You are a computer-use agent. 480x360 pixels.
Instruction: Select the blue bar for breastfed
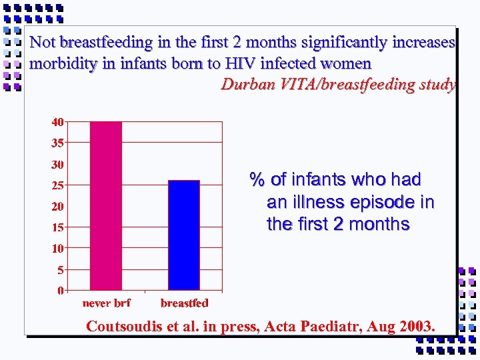coord(184,235)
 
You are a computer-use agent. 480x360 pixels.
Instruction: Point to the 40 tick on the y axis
coord(59,122)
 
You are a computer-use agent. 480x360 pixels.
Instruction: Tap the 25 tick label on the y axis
coord(59,185)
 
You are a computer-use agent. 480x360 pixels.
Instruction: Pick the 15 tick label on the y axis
coord(59,227)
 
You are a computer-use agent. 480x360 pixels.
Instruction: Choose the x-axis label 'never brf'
coord(107,303)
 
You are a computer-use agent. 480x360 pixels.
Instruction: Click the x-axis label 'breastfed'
coord(184,303)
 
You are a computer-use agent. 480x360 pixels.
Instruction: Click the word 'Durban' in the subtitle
coord(245,85)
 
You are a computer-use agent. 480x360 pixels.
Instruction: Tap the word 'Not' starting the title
coord(43,43)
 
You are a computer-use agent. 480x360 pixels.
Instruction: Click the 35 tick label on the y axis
coord(59,143)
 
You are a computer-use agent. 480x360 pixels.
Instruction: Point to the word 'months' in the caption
coord(379,224)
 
